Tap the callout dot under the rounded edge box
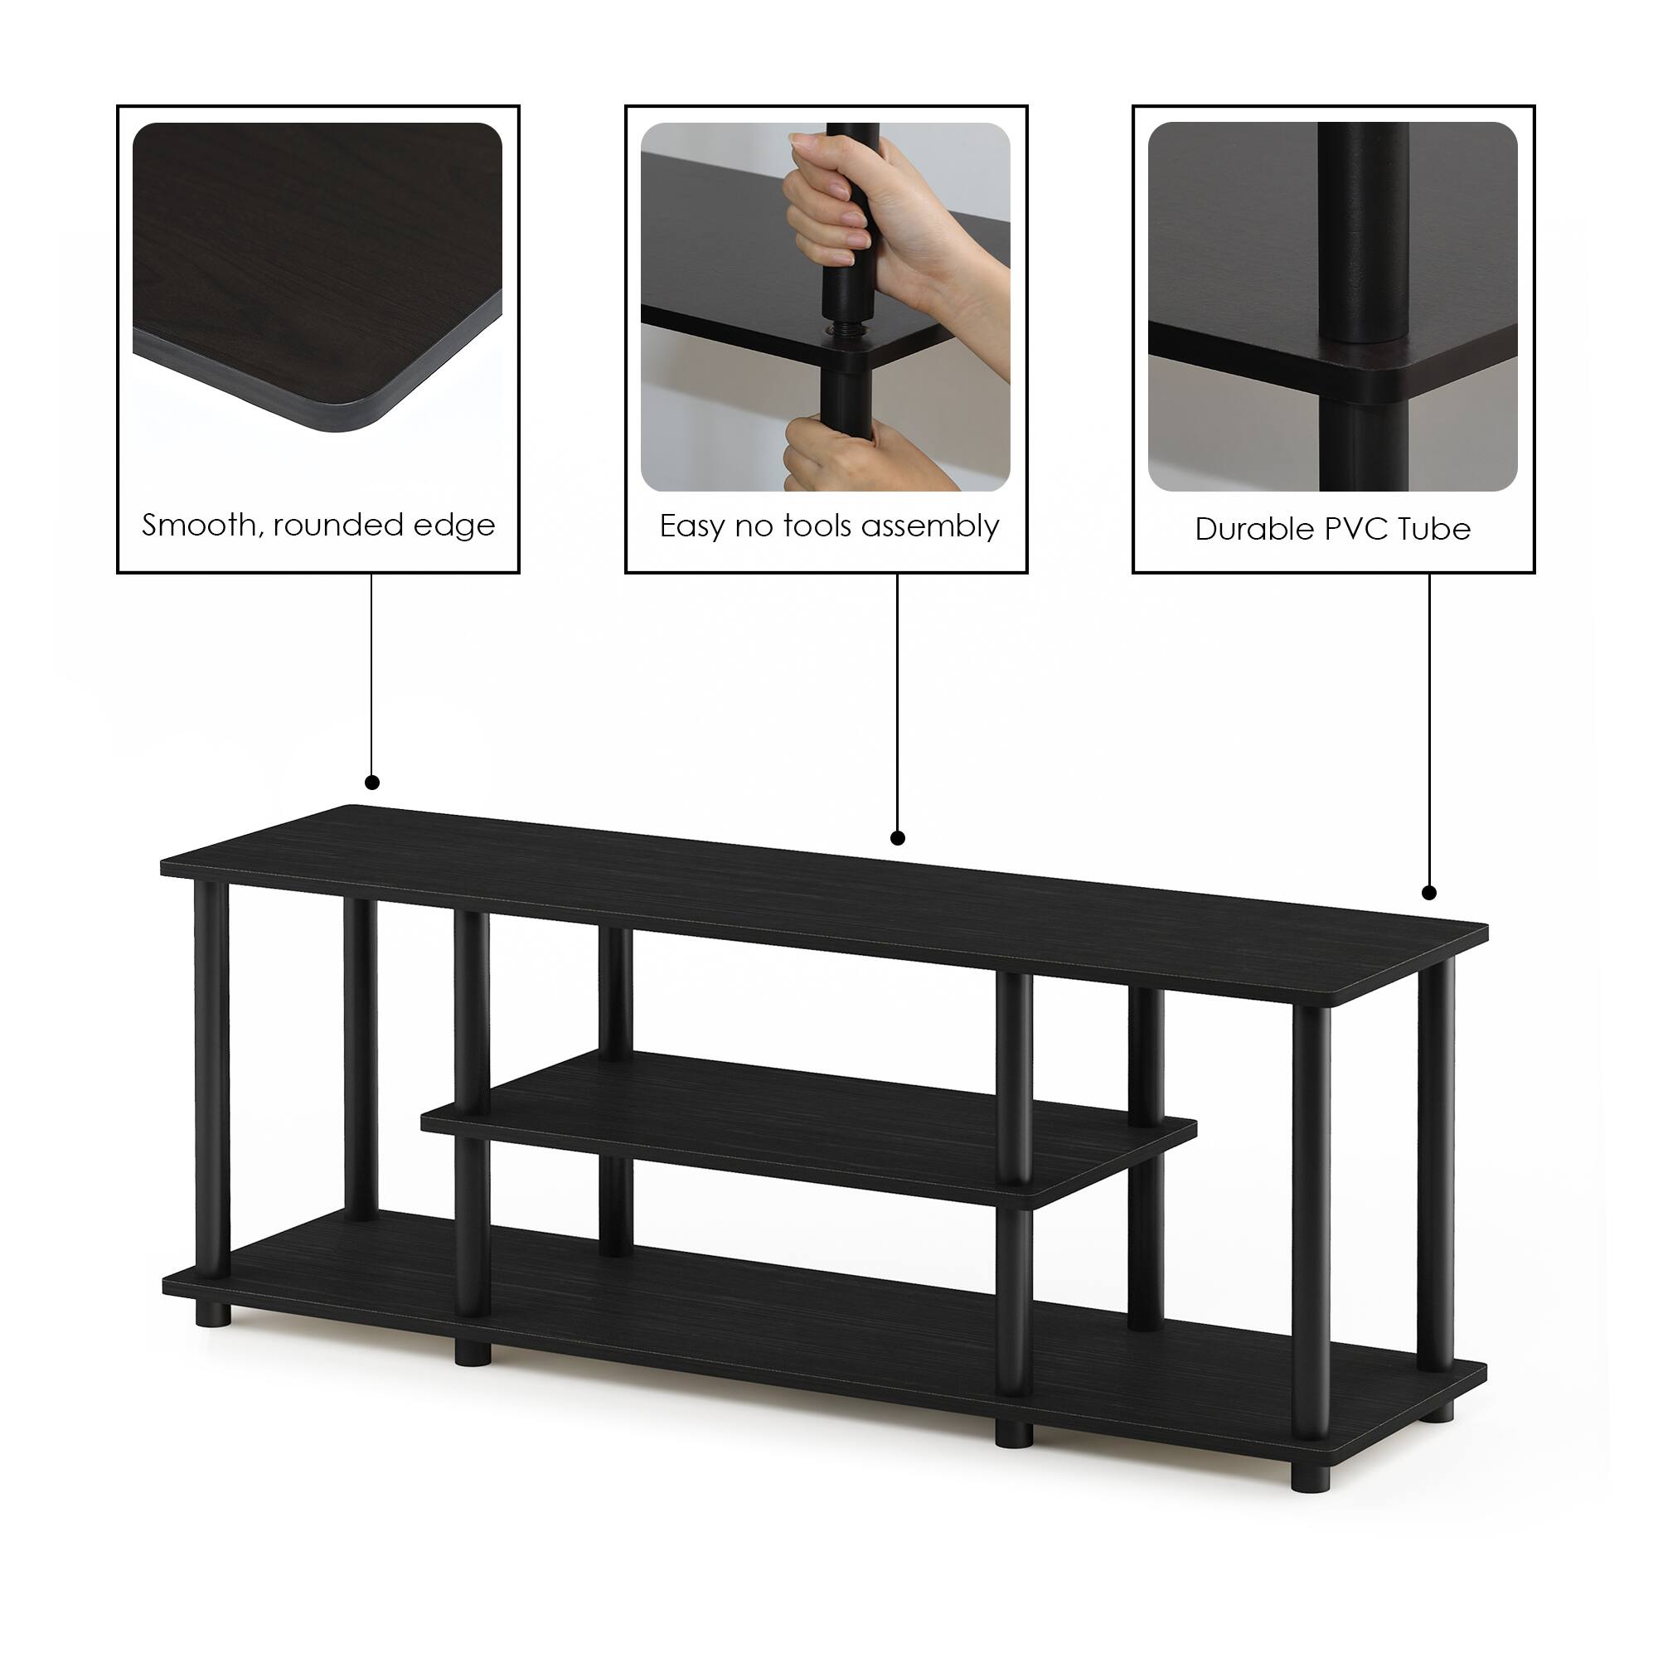[371, 782]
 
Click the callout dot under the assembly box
[898, 837]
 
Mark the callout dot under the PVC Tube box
[1429, 893]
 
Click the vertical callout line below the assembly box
[898, 704]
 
